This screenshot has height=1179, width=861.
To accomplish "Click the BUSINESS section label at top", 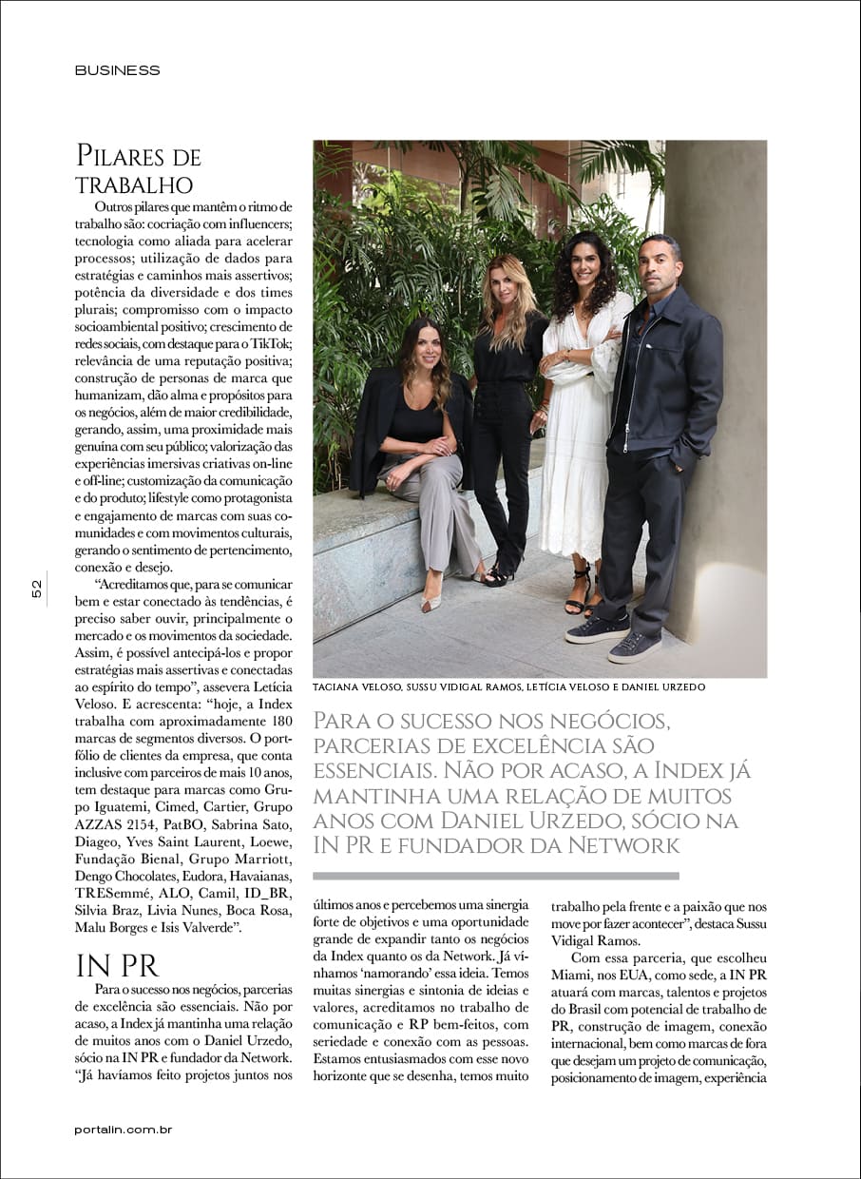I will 117,70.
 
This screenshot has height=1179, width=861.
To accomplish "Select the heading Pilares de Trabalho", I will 138,168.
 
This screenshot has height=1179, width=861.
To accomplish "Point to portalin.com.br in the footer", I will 124,1130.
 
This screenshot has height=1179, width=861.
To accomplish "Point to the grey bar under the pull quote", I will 495,876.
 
